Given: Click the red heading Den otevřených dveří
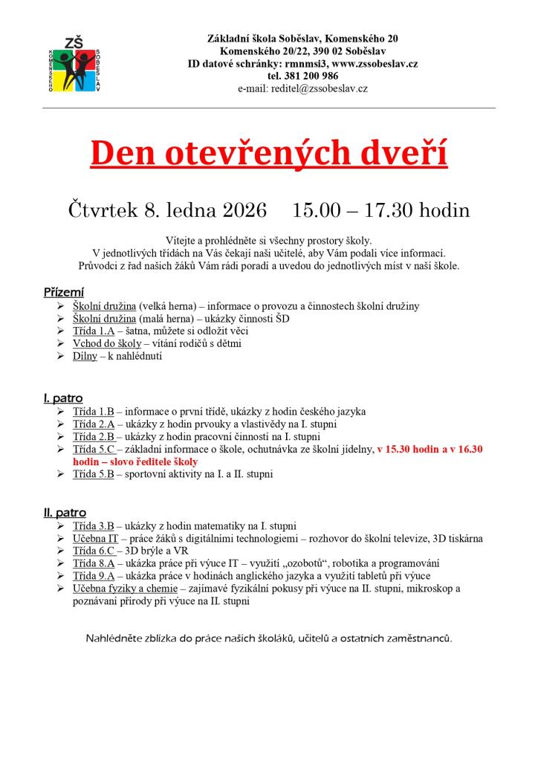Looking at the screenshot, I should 269,153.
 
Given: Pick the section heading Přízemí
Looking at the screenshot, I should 64,292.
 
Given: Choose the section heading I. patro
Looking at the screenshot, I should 63,398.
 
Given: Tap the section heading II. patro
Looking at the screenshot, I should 65,513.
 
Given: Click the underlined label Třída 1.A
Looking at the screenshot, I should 93,331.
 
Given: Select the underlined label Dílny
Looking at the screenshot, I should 85,356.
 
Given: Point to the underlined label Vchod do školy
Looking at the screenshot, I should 106,343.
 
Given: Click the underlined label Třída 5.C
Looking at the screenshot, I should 93,450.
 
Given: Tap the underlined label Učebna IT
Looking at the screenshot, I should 95,538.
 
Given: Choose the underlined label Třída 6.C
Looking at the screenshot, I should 93,551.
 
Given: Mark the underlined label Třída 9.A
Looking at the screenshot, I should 93,576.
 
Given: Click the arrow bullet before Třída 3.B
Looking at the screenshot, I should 60,526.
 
